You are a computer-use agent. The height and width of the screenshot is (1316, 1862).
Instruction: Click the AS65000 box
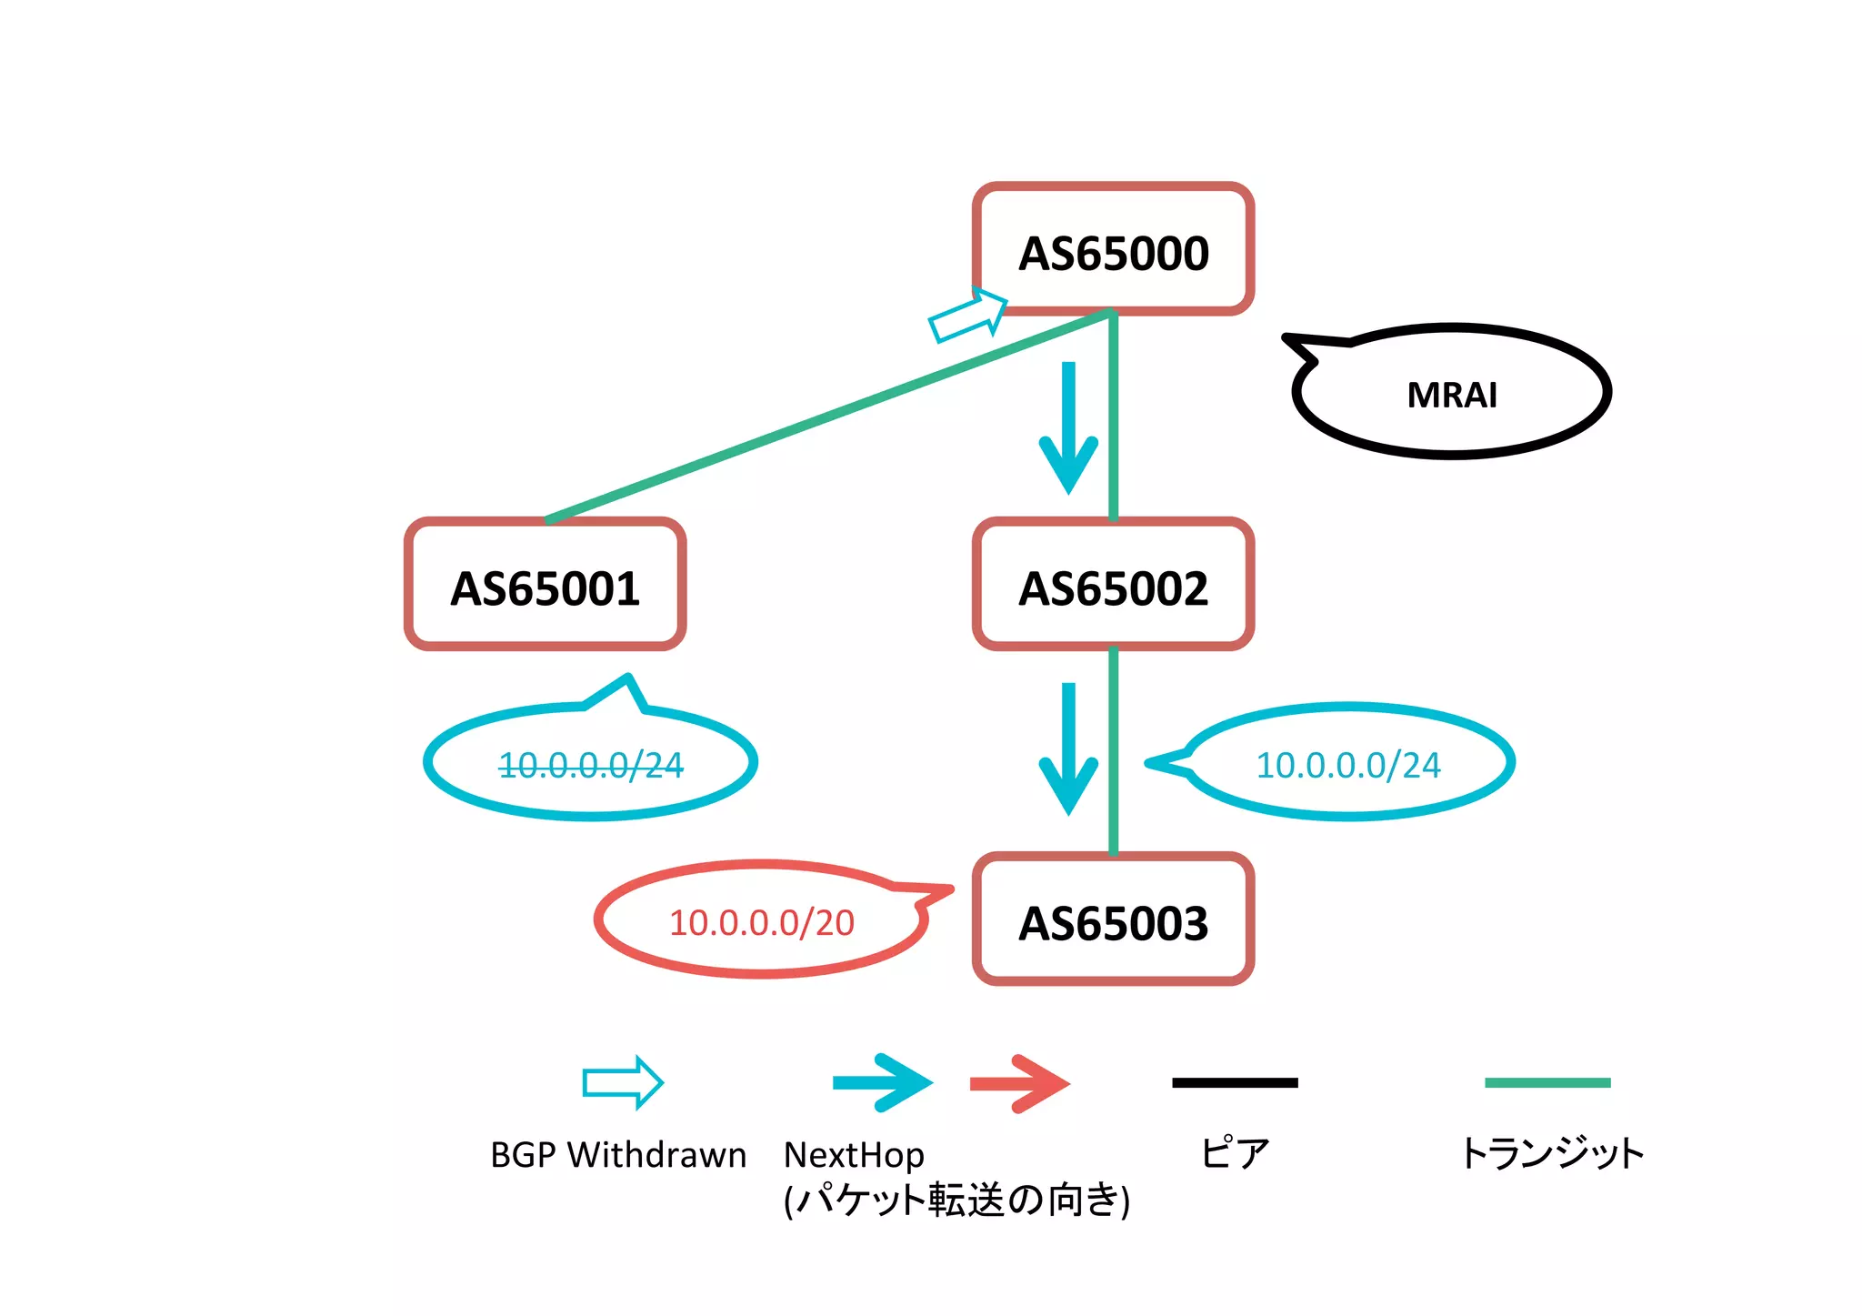(1113, 250)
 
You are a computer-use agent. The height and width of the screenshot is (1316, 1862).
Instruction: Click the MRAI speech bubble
(1451, 393)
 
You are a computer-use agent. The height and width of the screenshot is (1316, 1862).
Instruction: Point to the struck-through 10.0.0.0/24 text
(591, 765)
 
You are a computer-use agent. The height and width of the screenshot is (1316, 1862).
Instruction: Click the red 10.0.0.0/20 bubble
(762, 921)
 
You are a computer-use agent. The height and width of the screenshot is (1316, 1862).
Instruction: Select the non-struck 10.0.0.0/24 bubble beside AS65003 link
(1347, 764)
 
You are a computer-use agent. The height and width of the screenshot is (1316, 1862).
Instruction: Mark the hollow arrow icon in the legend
(623, 1082)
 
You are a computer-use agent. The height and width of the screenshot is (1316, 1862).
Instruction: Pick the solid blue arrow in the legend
(883, 1082)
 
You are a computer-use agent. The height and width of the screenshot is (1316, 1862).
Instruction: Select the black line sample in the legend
(1235, 1082)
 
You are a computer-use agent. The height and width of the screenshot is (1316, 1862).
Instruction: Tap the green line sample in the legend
(1547, 1082)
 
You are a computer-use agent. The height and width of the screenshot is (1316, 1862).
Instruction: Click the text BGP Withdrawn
(618, 1155)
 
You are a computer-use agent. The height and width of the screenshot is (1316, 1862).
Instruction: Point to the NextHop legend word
(854, 1155)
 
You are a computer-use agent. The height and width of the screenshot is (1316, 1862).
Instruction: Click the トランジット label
(1551, 1153)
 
